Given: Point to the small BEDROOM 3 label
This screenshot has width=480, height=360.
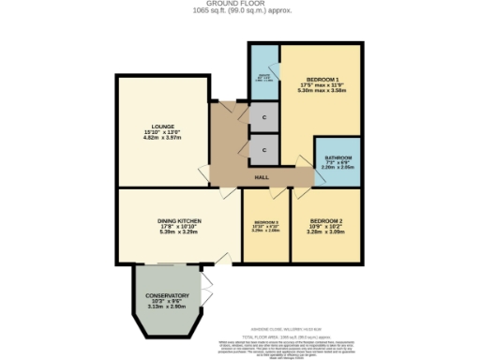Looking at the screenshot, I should point(265,221).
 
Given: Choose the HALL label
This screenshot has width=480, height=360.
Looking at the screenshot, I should point(263,177).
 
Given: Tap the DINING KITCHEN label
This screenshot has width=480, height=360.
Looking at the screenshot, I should point(177,221).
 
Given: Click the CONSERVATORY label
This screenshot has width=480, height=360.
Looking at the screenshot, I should point(166,295).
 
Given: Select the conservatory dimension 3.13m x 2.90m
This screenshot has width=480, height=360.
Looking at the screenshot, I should point(166,307).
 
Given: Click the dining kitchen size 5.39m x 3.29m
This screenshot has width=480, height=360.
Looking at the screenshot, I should point(177,233).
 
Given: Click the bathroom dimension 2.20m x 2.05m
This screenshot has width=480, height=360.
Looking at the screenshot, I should point(337,168).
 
